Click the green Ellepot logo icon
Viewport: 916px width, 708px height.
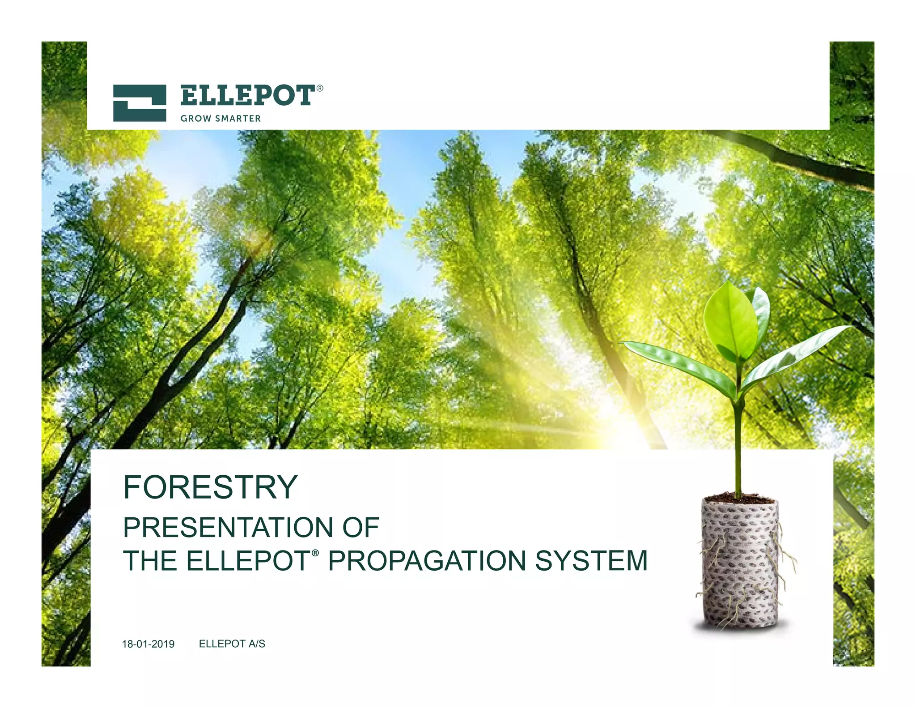(140, 103)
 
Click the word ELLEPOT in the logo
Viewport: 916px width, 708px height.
(247, 95)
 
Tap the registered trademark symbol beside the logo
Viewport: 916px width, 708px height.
(320, 89)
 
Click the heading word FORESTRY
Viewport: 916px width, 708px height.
(210, 487)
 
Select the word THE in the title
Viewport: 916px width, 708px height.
(150, 561)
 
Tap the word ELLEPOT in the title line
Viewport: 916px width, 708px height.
(248, 561)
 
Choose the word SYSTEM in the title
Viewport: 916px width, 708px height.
(591, 561)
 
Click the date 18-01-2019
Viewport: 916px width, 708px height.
(148, 644)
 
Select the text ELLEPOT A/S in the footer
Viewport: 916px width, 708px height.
(232, 644)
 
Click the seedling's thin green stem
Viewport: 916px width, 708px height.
(738, 448)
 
